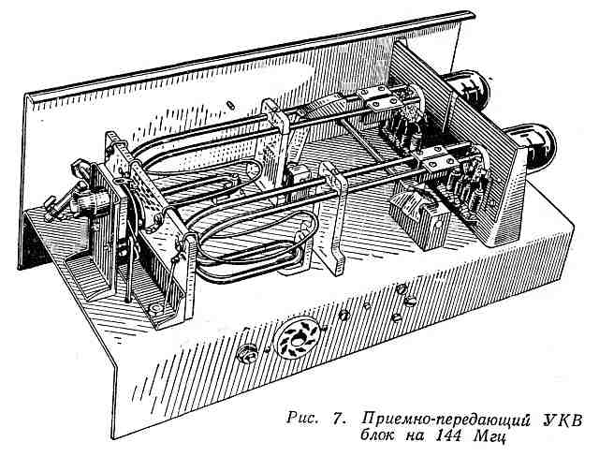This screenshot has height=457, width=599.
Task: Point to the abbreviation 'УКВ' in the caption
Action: tap(562, 420)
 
